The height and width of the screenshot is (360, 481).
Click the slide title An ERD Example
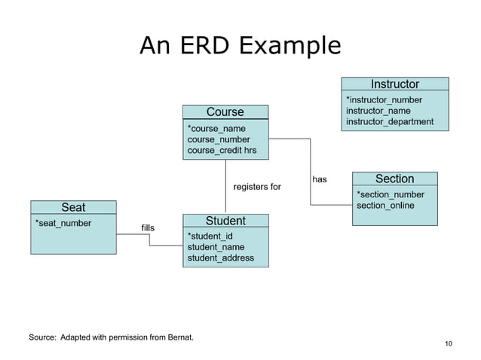point(240,47)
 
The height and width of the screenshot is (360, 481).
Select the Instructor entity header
point(395,84)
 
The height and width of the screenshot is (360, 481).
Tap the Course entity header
point(225,112)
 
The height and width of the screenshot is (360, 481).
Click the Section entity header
point(394,178)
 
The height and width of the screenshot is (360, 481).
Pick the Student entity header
point(225,221)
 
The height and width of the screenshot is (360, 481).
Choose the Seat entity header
point(73,207)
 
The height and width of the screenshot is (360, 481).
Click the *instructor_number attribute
point(384,99)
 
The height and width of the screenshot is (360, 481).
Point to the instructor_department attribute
point(389,121)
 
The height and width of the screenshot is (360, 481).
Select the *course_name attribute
point(216,129)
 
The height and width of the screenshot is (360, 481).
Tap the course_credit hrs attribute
point(222,151)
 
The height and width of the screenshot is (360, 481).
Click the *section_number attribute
point(390,194)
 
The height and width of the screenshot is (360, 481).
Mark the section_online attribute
point(384,206)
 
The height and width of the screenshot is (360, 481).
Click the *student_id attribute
point(210,236)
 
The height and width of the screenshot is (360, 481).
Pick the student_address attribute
point(220,258)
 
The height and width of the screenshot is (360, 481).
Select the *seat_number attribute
point(63,223)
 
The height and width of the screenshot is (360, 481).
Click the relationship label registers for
point(257,187)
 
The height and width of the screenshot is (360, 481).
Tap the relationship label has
point(320,179)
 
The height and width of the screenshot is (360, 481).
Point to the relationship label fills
point(148,227)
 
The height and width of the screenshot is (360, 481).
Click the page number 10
point(449,344)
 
